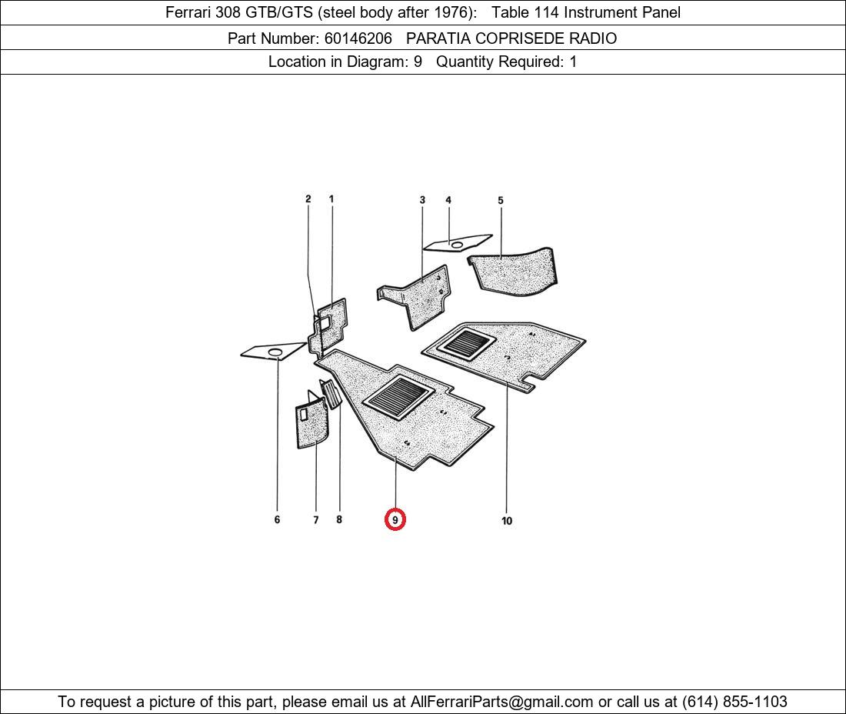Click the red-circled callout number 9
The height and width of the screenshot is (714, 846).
pyautogui.click(x=395, y=519)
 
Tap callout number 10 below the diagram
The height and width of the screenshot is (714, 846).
pyautogui.click(x=507, y=521)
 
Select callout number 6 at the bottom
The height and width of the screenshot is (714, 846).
pyautogui.click(x=277, y=519)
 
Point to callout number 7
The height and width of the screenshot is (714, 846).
pyautogui.click(x=315, y=519)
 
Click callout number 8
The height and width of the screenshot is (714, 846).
pyautogui.click(x=339, y=519)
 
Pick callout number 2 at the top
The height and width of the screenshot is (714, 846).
pyautogui.click(x=308, y=199)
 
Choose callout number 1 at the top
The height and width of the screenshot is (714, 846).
pyautogui.click(x=331, y=199)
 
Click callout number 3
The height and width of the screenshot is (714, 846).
pyautogui.click(x=422, y=200)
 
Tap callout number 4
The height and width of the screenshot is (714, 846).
pyautogui.click(x=448, y=200)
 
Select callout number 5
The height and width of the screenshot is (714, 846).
pyautogui.click(x=501, y=200)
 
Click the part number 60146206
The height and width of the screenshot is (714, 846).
pyautogui.click(x=358, y=38)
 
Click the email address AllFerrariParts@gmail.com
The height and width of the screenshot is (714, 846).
pyautogui.click(x=501, y=702)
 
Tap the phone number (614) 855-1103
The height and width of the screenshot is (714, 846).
pyautogui.click(x=734, y=702)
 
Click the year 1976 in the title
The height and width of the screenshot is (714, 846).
pyautogui.click(x=451, y=12)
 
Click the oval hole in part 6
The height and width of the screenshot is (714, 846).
pyautogui.click(x=275, y=352)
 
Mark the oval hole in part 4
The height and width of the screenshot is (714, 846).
pyautogui.click(x=457, y=245)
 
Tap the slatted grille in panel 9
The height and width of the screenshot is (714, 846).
pyautogui.click(x=398, y=397)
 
